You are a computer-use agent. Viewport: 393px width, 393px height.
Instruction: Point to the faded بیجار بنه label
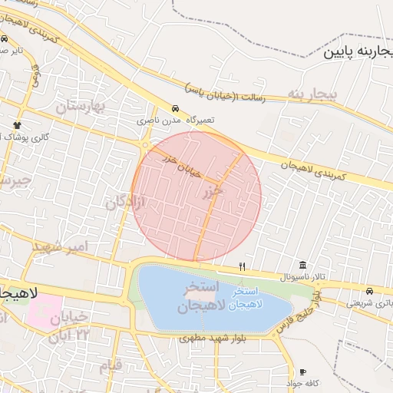312,94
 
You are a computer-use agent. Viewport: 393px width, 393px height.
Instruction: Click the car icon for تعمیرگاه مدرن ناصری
176,109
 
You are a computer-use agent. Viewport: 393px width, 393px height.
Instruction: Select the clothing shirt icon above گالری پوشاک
17,124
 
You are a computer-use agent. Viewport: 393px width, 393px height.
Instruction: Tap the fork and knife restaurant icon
243,266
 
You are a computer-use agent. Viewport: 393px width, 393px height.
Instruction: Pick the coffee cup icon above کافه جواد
302,372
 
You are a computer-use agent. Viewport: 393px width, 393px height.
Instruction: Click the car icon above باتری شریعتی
369,292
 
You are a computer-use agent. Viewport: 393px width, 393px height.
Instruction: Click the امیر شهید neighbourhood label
62,247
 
